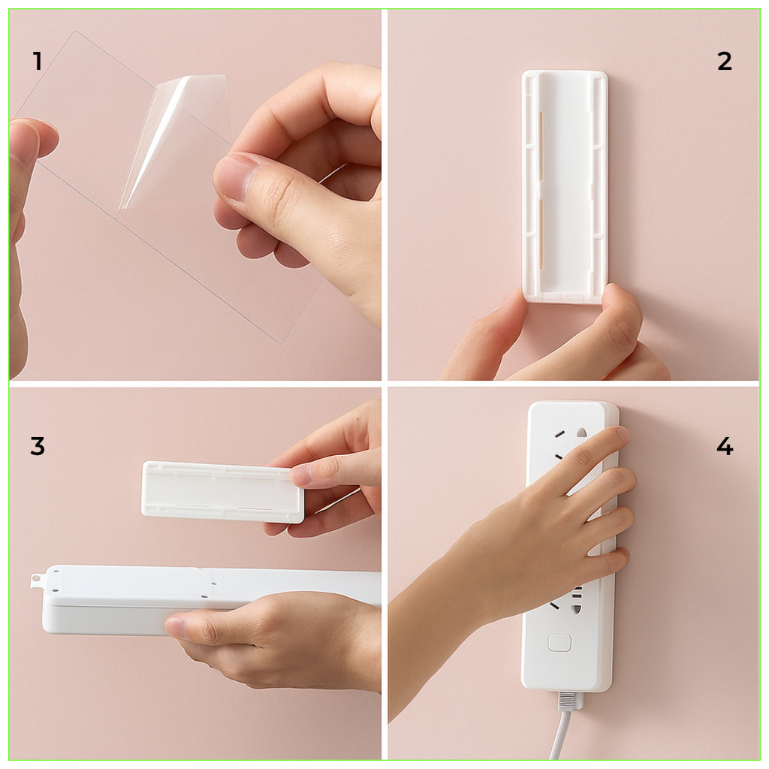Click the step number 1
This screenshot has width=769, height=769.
coord(38,62)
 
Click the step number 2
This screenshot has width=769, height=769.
coord(725,62)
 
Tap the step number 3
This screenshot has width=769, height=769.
coord(38,446)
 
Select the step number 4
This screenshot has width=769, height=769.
coord(725,446)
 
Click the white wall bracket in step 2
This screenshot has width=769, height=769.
coord(564,186)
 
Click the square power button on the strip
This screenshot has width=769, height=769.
coord(559,643)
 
